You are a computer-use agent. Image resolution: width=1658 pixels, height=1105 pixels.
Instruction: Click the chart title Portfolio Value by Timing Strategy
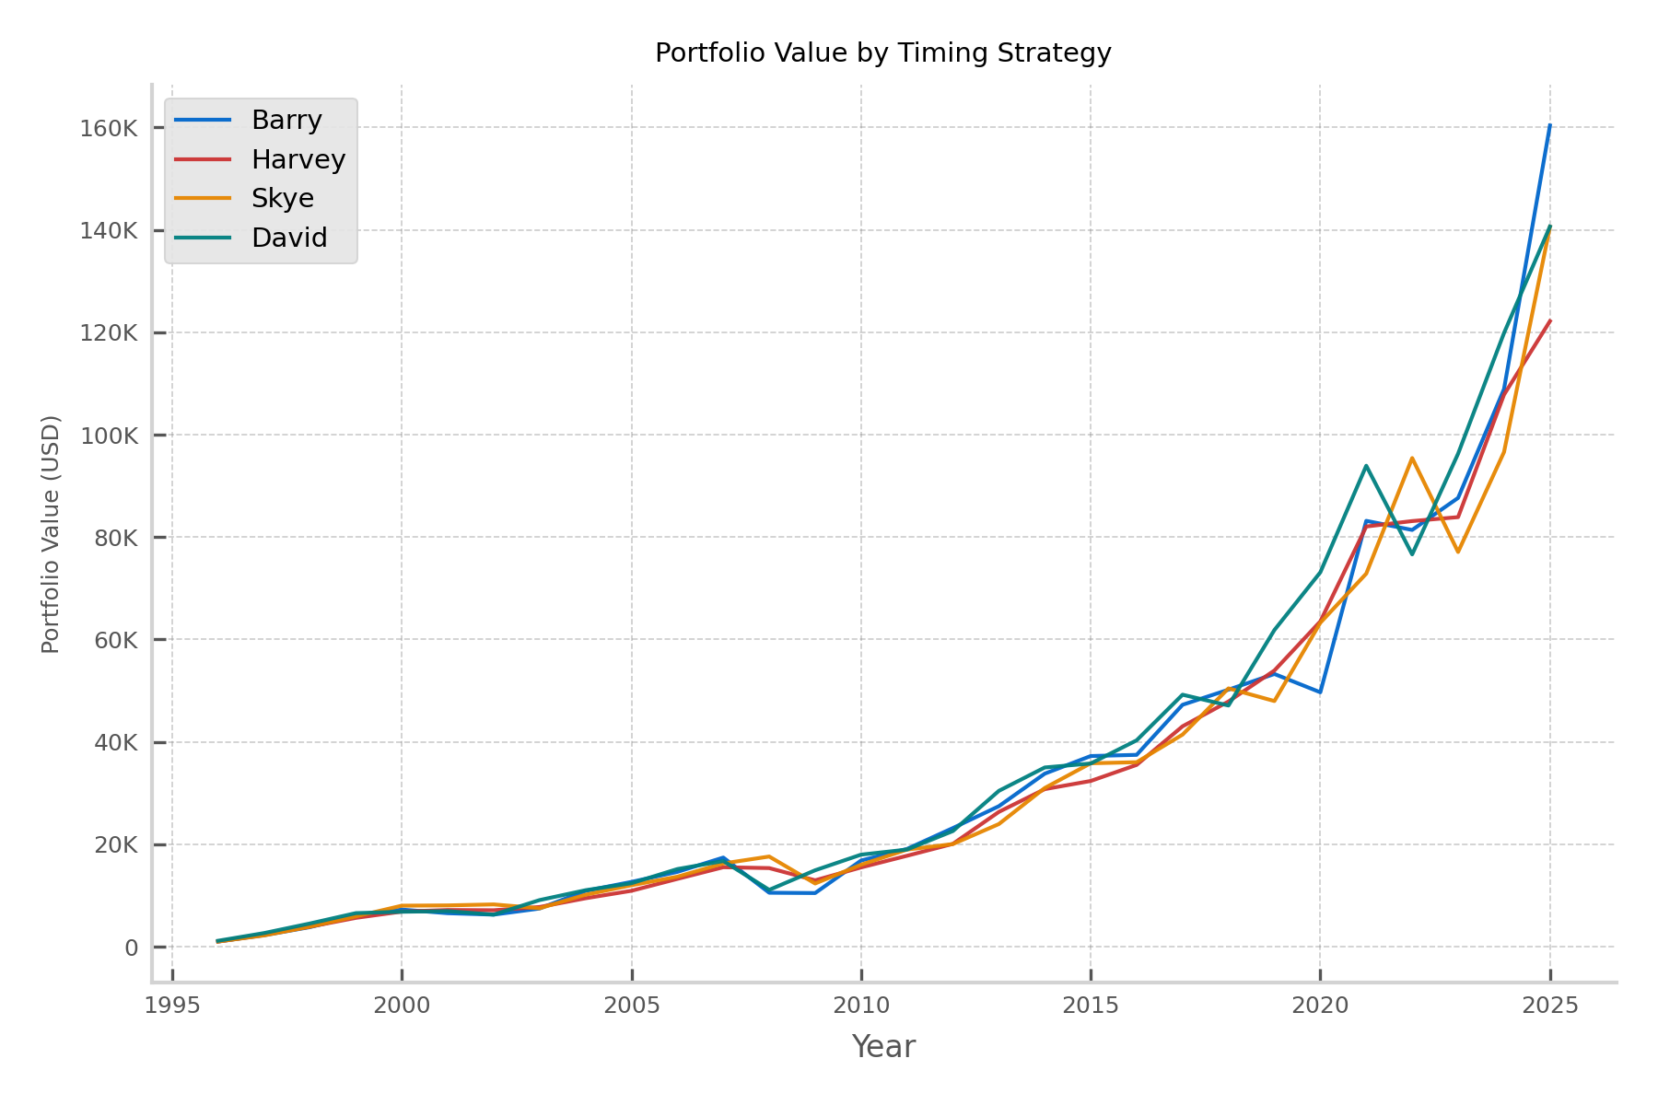(882, 53)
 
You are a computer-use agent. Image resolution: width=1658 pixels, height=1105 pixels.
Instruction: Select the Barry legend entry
(286, 121)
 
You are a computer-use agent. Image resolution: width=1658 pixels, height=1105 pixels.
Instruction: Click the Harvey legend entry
(298, 159)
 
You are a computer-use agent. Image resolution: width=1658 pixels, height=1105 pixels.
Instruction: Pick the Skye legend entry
(282, 199)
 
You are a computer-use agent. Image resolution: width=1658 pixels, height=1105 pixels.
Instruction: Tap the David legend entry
(289, 238)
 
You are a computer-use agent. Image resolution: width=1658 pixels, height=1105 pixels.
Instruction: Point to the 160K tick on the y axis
(109, 128)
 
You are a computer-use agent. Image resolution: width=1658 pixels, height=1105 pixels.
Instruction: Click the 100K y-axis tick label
(109, 436)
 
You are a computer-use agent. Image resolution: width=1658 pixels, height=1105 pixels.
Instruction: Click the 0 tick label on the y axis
(131, 948)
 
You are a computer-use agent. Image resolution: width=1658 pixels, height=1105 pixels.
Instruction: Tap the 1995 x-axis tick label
(172, 1006)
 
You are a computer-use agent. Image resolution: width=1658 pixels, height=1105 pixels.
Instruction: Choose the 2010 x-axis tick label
(860, 1006)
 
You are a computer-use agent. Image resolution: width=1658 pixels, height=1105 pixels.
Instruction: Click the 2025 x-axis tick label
(1549, 1006)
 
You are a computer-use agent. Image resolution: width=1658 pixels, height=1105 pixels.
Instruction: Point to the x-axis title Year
(882, 1047)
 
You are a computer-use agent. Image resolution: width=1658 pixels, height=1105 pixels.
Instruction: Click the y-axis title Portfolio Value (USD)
(52, 534)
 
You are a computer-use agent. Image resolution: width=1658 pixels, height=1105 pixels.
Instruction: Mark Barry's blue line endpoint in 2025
(1549, 125)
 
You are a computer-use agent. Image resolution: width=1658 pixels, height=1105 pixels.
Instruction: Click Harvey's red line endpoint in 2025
(1549, 321)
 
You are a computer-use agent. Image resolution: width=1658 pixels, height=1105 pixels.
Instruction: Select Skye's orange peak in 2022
(1412, 458)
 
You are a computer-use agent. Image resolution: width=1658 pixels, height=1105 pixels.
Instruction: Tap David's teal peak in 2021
(1366, 466)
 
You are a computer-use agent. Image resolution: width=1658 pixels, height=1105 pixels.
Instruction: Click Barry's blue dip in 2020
(1320, 692)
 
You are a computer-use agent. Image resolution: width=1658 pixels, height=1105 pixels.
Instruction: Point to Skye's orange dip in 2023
(1458, 552)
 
